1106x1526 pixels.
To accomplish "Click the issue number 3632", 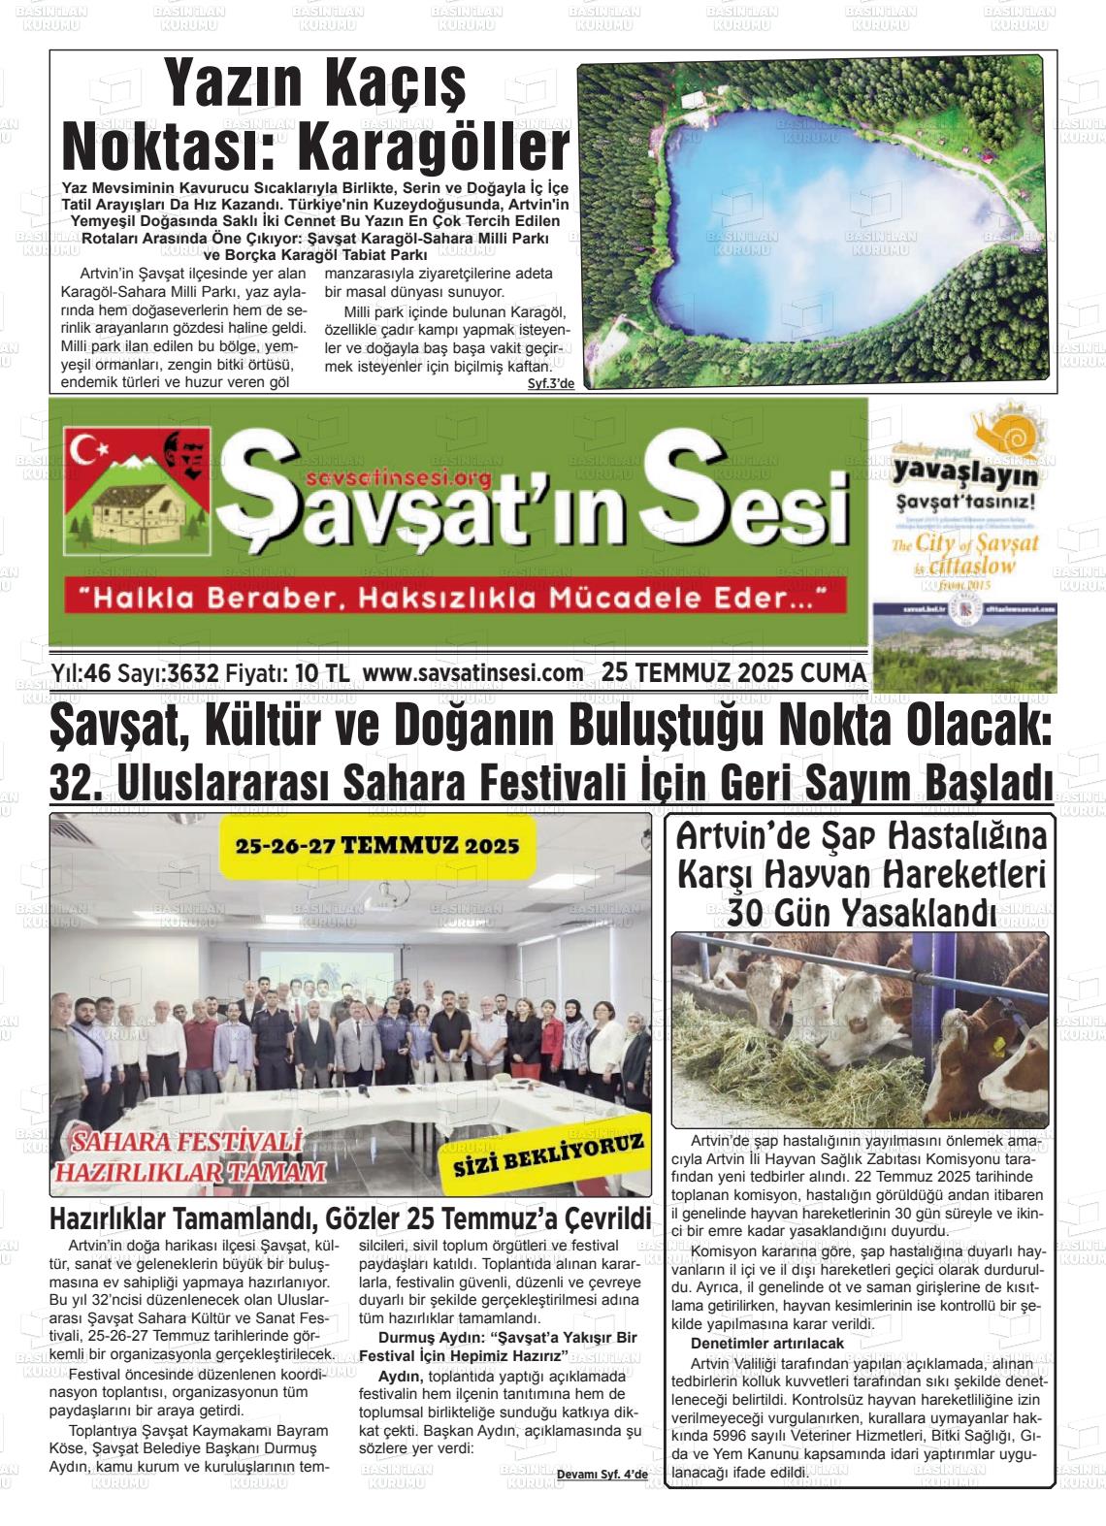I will (193, 674).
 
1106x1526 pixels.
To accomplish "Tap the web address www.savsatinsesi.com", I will (472, 674).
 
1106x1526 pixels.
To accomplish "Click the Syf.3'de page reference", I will (551, 384).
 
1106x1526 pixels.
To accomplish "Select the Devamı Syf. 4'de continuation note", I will (602, 1475).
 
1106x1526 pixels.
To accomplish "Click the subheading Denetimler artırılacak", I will (766, 1344).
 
